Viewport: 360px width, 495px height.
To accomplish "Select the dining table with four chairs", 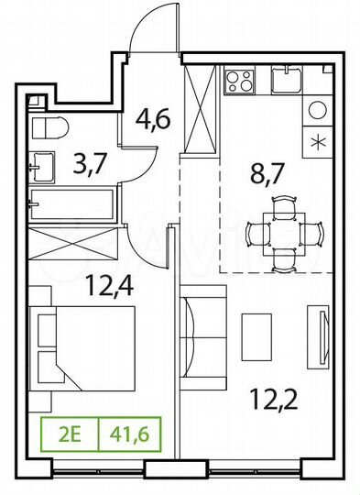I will (x=284, y=234).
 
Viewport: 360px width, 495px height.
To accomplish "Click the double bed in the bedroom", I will (x=84, y=340).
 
